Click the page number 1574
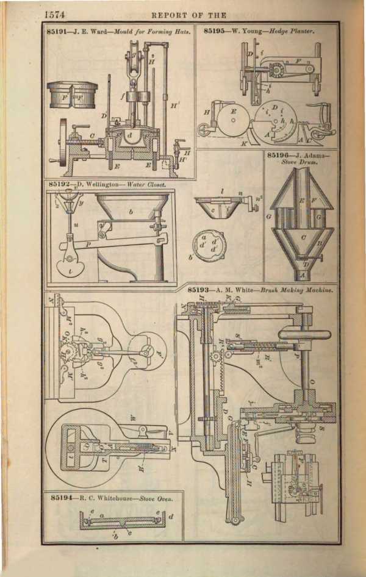pyautogui.click(x=55, y=14)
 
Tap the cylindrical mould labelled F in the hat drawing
pyautogui.click(x=68, y=96)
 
